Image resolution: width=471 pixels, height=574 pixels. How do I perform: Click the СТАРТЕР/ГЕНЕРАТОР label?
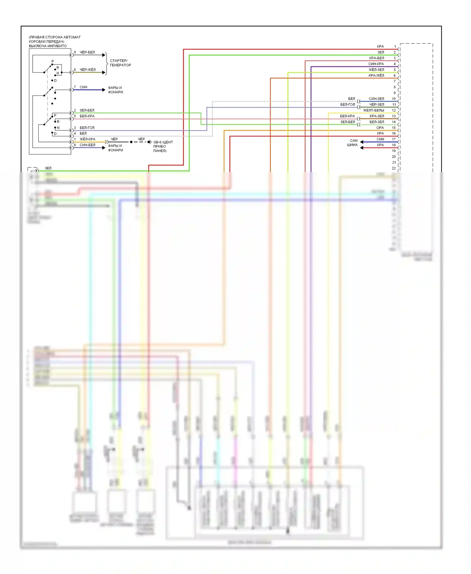[x=120, y=63]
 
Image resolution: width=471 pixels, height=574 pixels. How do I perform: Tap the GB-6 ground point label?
[x=163, y=146]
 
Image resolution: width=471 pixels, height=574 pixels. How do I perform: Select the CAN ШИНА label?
[x=353, y=143]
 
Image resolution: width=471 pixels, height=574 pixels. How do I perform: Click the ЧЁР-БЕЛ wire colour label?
[x=87, y=52]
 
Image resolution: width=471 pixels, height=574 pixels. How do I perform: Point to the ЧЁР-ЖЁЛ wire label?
[x=87, y=70]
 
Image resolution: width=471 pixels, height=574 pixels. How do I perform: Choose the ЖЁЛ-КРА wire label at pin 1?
[x=87, y=139]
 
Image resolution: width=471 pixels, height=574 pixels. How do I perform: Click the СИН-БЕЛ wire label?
[x=87, y=145]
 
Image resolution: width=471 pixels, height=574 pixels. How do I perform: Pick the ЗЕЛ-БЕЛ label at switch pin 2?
[x=87, y=111]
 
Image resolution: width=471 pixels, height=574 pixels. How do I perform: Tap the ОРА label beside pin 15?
[x=380, y=128]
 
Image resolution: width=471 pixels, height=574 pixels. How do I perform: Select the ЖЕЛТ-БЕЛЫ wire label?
[x=373, y=111]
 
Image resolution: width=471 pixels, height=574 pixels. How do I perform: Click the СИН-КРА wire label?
[x=376, y=64]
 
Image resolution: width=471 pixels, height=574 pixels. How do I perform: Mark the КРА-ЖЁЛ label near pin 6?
[x=376, y=76]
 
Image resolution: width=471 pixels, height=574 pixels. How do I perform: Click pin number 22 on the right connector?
[x=394, y=168]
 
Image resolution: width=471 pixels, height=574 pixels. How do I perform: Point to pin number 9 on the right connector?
[x=395, y=93]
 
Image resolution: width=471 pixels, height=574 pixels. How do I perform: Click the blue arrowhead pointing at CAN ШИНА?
[x=362, y=142]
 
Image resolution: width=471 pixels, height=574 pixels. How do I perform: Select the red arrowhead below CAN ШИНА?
[x=362, y=148]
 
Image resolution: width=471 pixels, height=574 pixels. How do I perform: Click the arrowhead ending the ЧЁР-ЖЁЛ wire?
[x=104, y=73]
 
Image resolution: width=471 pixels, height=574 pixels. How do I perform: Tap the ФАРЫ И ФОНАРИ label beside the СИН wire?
[x=115, y=90]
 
